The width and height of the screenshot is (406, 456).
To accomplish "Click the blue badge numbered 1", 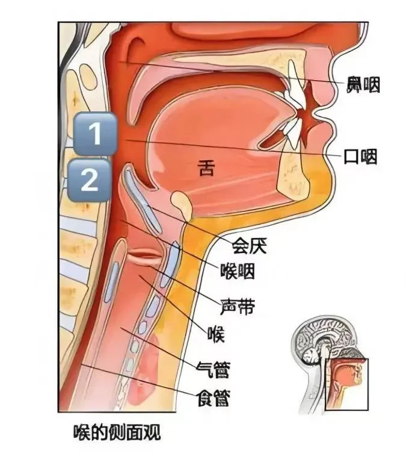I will click(95, 134).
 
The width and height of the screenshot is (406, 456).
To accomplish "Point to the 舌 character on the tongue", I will click(206, 169).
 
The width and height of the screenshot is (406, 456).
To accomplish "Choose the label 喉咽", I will click(238, 272).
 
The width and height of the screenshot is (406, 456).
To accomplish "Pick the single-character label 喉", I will click(215, 333).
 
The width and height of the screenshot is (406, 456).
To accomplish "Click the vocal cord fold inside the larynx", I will click(144, 256).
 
